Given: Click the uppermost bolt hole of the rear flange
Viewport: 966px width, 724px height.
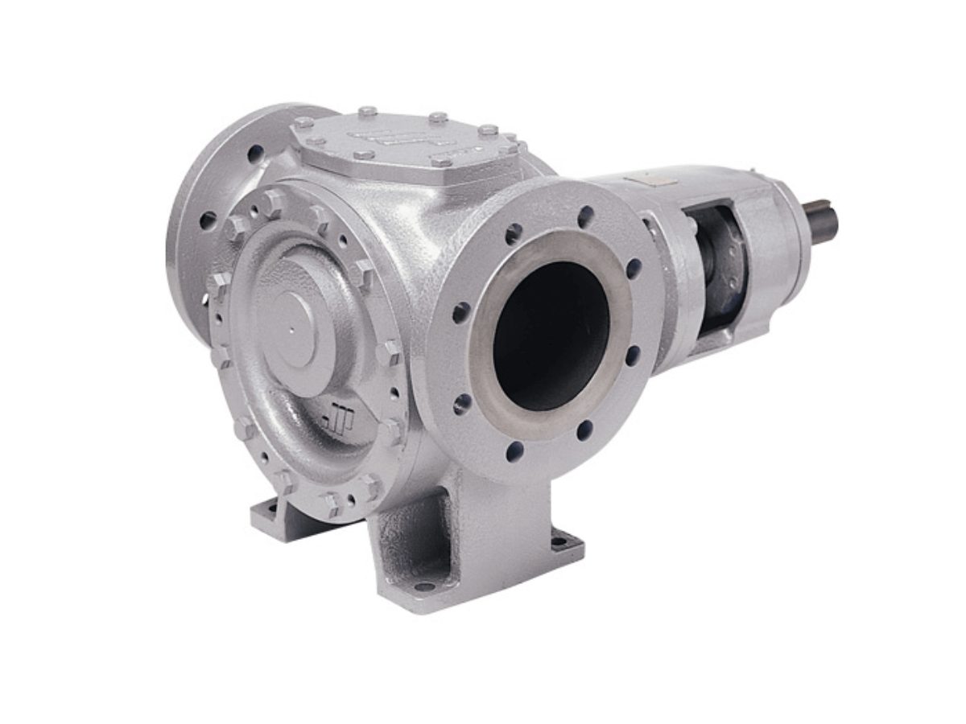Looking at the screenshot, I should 255,152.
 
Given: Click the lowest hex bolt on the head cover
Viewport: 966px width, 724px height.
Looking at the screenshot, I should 332,504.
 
